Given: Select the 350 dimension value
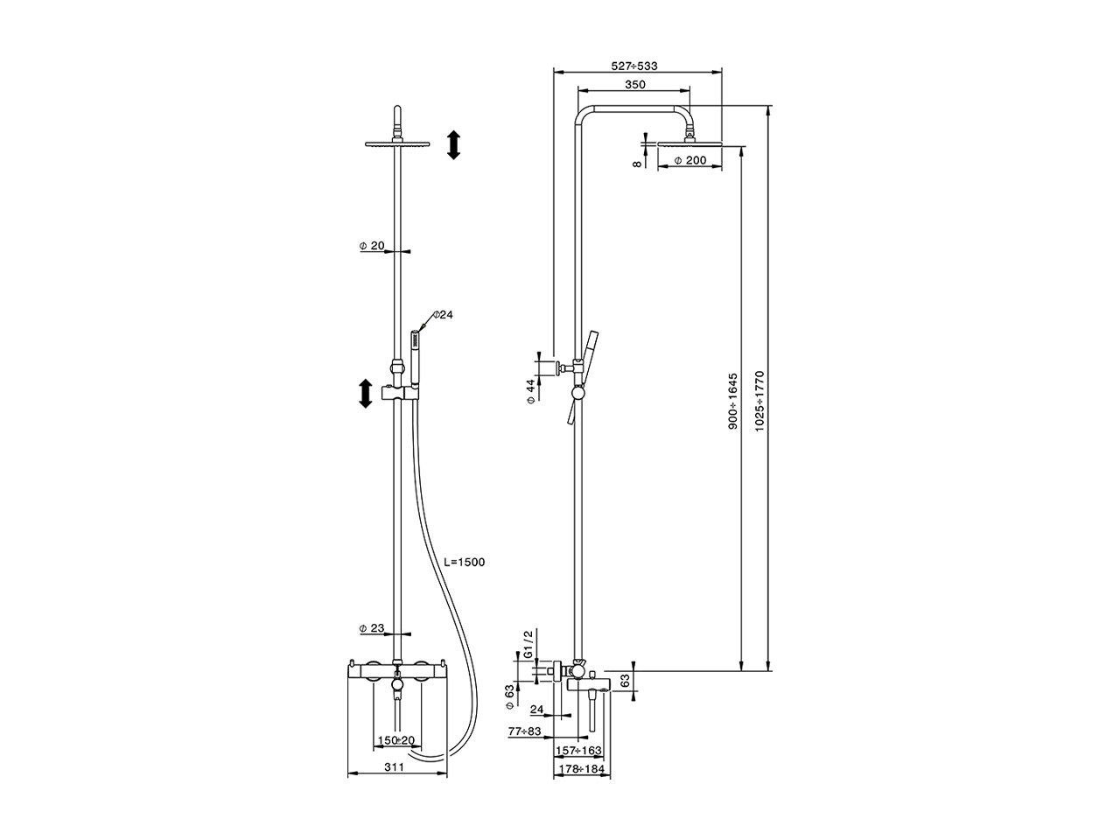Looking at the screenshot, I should click(635, 85).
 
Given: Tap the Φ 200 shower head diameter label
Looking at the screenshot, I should click(690, 161).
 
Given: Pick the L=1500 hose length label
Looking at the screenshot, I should click(464, 563).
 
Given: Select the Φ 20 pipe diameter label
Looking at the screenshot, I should click(372, 247).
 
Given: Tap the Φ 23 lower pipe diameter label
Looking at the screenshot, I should click(372, 628).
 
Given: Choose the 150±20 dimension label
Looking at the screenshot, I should click(396, 741).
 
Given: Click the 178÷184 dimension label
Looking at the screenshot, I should click(581, 769).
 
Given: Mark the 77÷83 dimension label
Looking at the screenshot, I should click(526, 730).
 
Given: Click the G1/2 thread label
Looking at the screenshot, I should click(528, 644).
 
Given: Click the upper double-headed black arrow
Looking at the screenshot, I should click(453, 144).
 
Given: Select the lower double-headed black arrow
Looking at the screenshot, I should click(364, 393).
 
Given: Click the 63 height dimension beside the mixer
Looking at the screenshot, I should click(625, 680).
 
